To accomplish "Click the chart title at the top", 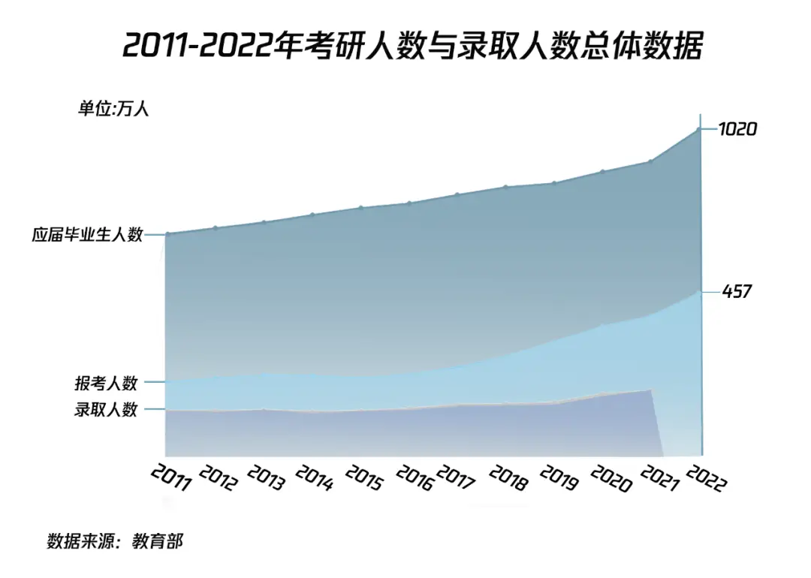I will click(412, 46).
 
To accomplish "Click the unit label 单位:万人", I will click(113, 109).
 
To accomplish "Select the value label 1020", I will click(737, 129).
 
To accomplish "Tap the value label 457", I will click(737, 291).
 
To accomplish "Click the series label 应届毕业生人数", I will click(87, 234).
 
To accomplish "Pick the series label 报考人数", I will click(106, 383).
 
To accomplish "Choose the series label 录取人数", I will click(106, 410).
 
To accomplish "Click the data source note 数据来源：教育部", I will click(115, 541).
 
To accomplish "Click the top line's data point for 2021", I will click(650, 161).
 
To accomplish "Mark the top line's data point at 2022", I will click(700, 129).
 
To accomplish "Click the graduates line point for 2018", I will click(506, 187).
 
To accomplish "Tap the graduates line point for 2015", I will click(360, 208).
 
